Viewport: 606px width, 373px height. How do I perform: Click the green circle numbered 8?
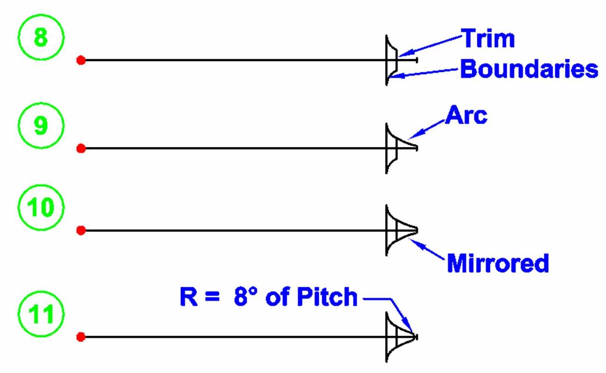(x=41, y=37)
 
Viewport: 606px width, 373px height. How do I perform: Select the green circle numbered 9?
(x=41, y=127)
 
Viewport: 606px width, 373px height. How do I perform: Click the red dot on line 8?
(x=81, y=60)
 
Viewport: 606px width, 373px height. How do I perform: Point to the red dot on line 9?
(x=81, y=149)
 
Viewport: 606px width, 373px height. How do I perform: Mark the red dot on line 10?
(x=81, y=230)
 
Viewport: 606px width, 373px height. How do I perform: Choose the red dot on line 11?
(x=81, y=337)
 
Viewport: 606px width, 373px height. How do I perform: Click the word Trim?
(x=488, y=39)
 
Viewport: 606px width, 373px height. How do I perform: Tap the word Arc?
(x=466, y=116)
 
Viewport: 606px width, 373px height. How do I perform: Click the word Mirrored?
(x=497, y=264)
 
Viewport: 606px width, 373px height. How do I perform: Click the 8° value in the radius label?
(x=245, y=297)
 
